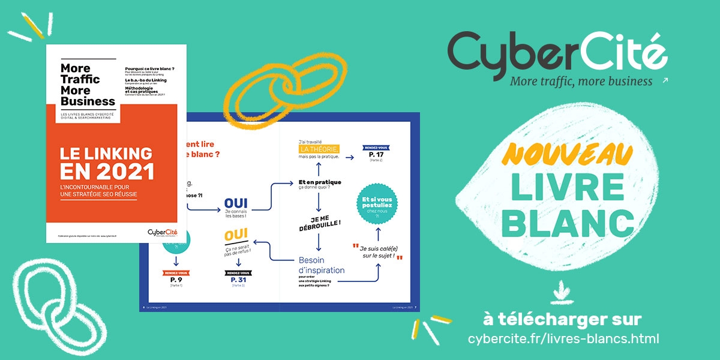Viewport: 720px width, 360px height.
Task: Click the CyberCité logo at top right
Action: click(x=557, y=52)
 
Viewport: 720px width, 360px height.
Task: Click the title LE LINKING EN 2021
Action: click(x=107, y=163)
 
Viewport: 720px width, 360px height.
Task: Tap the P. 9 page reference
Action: click(x=176, y=280)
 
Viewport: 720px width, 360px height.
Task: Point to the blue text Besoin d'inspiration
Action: click(x=322, y=265)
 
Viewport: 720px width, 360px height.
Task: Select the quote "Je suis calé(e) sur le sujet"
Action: click(x=377, y=251)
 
